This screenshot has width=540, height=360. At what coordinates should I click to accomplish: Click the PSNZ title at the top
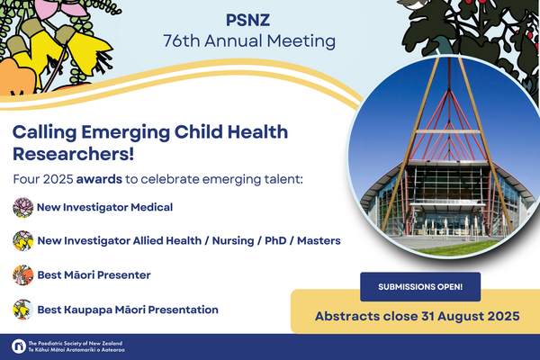click(x=248, y=20)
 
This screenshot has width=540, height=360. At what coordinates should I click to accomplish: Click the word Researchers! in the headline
click(x=74, y=154)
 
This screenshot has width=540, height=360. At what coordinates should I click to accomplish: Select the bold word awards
click(x=99, y=179)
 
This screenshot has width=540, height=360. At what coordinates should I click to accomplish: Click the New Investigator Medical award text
click(x=104, y=207)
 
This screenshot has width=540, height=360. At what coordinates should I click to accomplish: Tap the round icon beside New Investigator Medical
click(x=23, y=207)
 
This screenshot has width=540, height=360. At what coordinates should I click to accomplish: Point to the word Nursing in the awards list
click(x=233, y=241)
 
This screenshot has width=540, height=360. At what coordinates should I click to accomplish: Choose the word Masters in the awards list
click(x=319, y=240)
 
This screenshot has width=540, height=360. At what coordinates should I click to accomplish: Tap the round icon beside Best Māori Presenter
click(x=23, y=274)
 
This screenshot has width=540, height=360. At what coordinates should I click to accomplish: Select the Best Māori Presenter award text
click(x=94, y=274)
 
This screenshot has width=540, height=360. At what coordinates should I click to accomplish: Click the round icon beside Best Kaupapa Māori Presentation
click(x=23, y=310)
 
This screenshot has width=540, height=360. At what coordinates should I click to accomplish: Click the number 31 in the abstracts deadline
click(x=428, y=316)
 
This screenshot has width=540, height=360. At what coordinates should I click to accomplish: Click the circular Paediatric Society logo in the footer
click(x=19, y=346)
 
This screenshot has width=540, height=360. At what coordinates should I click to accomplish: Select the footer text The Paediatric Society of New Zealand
click(x=76, y=343)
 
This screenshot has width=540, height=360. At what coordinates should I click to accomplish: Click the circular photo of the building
click(x=445, y=157)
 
